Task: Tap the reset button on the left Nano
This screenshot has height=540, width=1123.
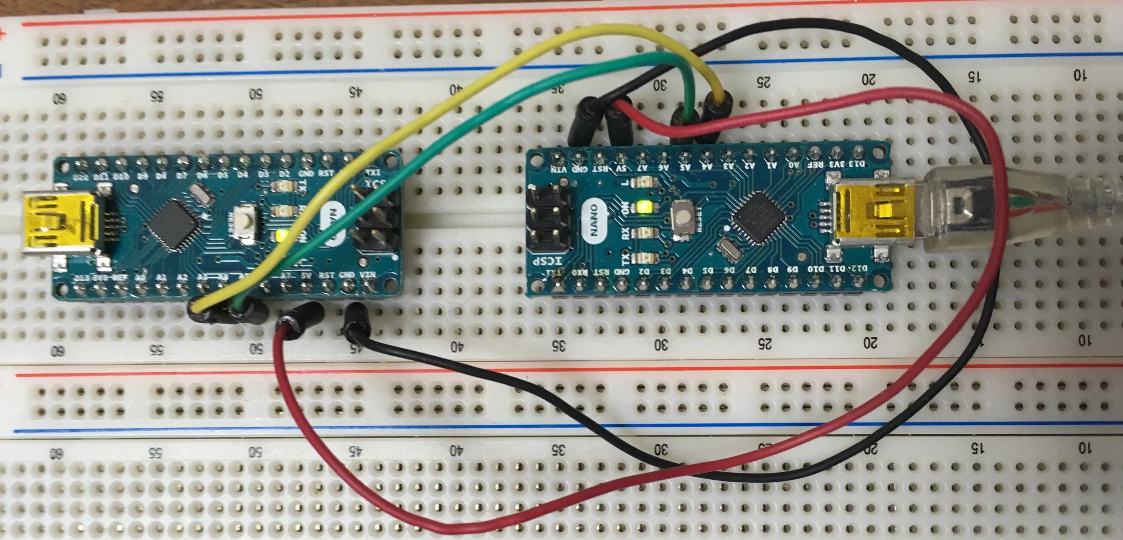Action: [x=245, y=223]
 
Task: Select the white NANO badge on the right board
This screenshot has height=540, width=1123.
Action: [x=594, y=221]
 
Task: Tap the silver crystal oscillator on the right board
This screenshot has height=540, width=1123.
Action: [x=727, y=249]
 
